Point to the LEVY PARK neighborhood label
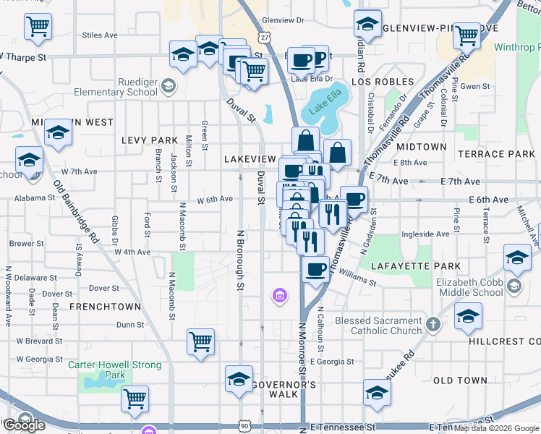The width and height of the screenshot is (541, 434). [x=150, y=140]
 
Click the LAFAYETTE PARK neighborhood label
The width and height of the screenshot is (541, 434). [x=415, y=266]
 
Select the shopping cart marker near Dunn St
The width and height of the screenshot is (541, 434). [x=200, y=342]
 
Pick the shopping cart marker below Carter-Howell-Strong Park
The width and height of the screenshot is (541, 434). [x=135, y=399]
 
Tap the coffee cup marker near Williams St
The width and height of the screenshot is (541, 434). [x=315, y=271]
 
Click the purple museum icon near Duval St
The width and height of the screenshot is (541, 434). [x=279, y=295]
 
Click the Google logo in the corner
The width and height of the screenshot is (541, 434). [x=23, y=424]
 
